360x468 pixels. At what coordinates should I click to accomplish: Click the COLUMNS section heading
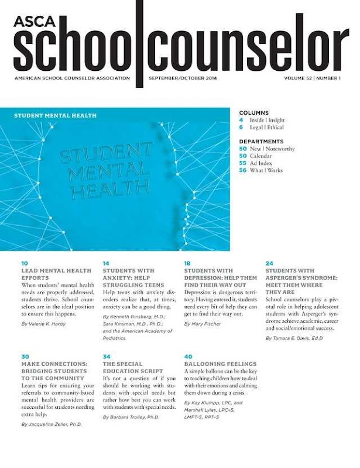(x=253, y=112)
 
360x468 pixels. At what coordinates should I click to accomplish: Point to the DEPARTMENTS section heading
(x=261, y=141)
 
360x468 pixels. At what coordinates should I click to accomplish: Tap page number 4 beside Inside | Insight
(x=241, y=119)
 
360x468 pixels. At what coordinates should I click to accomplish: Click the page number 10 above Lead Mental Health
(x=24, y=263)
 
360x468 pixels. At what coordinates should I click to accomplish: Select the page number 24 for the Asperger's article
(x=269, y=263)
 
